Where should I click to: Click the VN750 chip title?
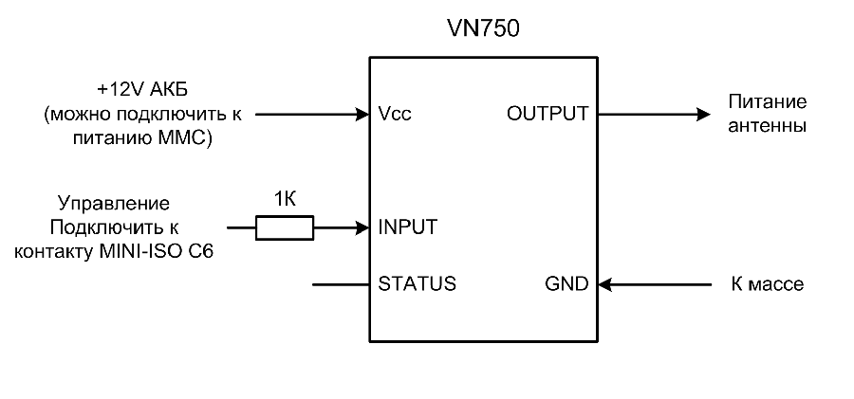point(483,29)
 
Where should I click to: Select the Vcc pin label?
point(395,114)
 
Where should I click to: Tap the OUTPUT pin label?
point(548,114)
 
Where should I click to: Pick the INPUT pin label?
point(408,227)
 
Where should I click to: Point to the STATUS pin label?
point(417,283)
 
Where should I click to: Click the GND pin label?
point(566,283)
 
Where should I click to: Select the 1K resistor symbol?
point(284,227)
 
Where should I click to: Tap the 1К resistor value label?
point(284,200)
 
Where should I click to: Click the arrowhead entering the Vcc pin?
point(362,114)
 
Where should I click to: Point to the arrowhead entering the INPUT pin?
point(362,227)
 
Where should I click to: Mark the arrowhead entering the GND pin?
point(605,283)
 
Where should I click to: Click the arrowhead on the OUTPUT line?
point(703,114)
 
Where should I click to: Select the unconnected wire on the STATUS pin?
point(340,283)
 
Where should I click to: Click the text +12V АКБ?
point(142,90)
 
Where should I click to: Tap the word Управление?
point(114,203)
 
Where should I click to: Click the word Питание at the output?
point(766,101)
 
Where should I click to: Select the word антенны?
point(766,125)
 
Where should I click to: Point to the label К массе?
point(766,283)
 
